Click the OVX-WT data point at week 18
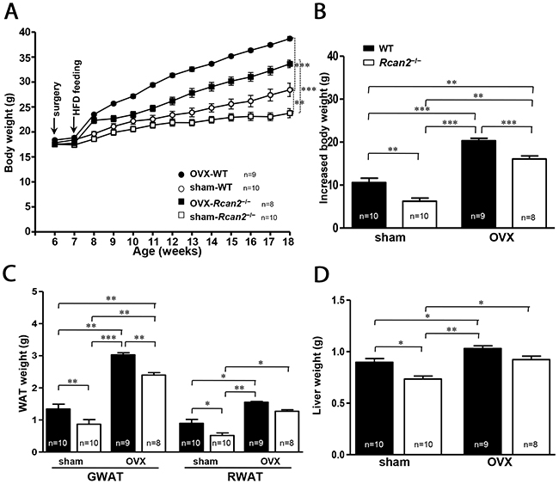tap(290, 38)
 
